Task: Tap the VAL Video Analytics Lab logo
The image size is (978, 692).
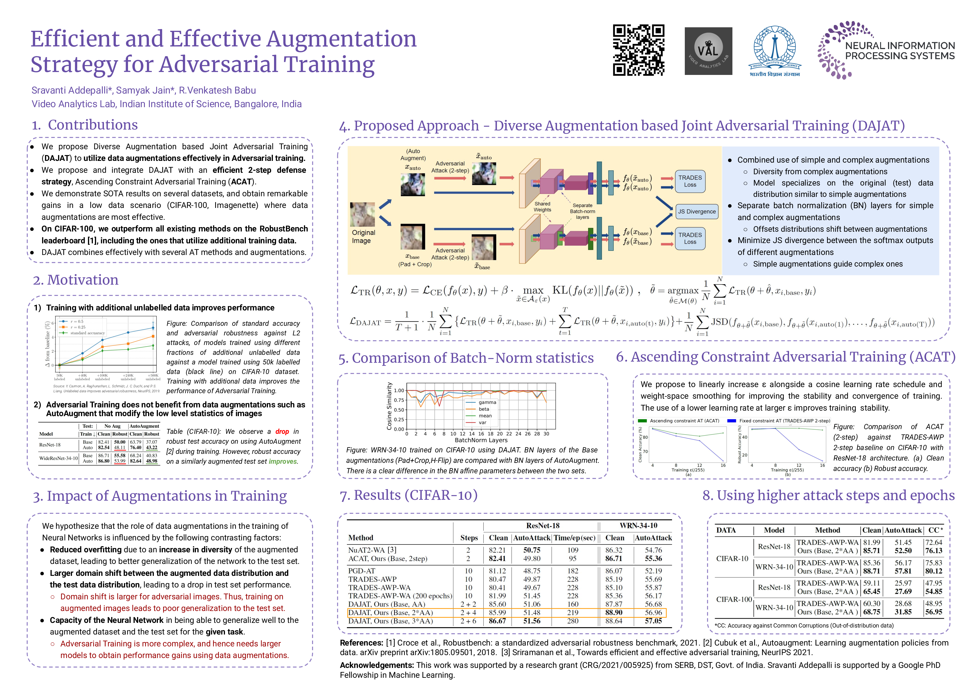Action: (708, 51)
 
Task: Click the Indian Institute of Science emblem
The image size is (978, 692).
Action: (775, 50)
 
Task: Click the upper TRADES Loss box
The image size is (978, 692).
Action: (690, 181)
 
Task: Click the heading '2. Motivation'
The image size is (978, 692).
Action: (76, 280)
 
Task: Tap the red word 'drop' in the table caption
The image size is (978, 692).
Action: (282, 431)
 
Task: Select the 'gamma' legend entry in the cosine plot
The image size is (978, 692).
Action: (487, 402)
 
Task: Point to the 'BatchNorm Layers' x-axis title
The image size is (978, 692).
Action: (481, 440)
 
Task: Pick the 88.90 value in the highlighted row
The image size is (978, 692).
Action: (613, 612)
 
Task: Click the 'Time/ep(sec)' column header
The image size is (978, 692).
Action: (574, 538)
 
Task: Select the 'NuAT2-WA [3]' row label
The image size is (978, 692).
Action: (372, 550)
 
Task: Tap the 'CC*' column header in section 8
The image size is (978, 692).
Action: (935, 530)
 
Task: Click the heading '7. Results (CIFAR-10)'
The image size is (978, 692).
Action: (408, 495)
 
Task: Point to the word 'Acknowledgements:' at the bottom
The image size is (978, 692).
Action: (377, 665)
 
